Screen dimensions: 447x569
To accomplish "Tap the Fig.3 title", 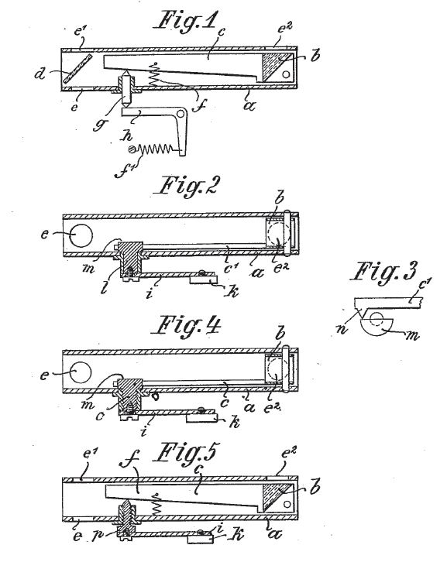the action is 383,272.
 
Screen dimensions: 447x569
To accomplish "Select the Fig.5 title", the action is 186,453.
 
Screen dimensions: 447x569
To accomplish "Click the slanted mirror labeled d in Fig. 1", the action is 77,68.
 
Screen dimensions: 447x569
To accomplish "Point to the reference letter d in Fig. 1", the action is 40,74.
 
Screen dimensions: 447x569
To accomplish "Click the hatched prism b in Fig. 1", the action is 277,65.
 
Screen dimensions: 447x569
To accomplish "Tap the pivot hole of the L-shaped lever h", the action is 181,114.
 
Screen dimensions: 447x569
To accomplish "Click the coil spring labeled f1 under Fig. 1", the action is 156,149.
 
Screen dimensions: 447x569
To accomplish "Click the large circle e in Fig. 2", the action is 81,235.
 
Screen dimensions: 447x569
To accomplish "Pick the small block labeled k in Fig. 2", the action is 204,279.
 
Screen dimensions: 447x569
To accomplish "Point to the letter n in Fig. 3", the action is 342,330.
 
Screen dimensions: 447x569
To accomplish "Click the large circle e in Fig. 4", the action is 80,372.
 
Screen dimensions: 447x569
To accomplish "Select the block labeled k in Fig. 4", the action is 201,418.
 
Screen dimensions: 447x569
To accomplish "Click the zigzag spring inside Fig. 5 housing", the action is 156,505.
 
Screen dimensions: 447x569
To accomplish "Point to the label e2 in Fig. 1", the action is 285,29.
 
